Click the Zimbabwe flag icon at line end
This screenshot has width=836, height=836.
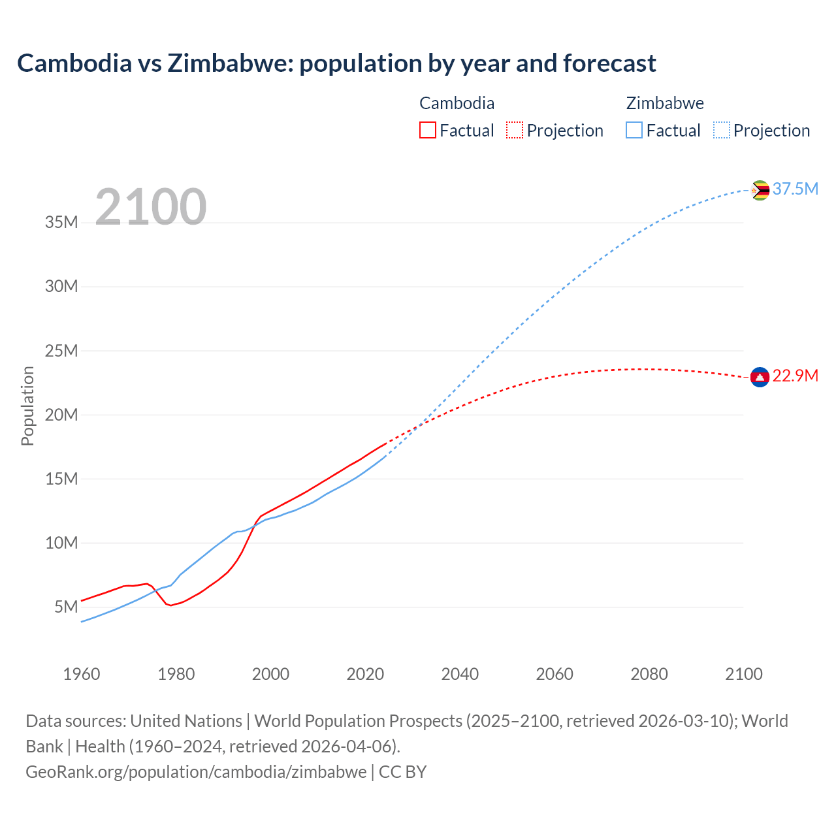(760, 190)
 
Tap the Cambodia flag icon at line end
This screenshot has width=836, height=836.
(760, 377)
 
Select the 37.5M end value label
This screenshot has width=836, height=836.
(795, 189)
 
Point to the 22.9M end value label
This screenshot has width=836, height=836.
(795, 376)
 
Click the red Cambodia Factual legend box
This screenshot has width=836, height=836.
(427, 130)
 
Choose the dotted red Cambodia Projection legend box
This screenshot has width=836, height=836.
(515, 130)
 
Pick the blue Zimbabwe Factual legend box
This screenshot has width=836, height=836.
(634, 130)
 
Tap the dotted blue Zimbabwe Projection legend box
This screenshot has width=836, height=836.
(722, 130)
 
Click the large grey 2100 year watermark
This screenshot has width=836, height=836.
(151, 207)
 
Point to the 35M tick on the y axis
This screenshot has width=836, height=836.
(61, 223)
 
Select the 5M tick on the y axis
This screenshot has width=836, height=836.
(66, 607)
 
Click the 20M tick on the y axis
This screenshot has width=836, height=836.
(61, 415)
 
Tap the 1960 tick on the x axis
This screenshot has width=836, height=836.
(82, 674)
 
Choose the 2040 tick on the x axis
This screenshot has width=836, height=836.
(460, 674)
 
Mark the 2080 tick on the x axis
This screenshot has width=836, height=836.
(649, 674)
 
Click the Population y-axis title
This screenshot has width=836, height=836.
(27, 406)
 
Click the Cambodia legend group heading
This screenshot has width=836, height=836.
(457, 103)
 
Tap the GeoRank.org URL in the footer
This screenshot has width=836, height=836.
(196, 772)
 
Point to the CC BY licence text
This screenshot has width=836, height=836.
(402, 772)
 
